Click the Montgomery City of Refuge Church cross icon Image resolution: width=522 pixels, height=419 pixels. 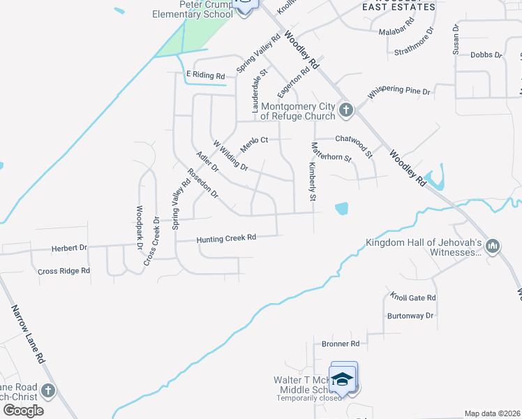(345, 110)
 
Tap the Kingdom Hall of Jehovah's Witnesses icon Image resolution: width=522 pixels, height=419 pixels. (493, 246)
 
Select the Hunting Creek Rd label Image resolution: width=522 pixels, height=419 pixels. (226, 238)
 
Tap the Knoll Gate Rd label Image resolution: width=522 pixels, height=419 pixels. (413, 297)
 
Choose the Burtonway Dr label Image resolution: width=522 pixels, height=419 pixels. (410, 316)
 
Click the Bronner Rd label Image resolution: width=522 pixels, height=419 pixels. (340, 344)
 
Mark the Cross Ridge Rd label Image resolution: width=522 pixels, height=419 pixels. (64, 271)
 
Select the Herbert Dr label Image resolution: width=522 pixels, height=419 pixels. (69, 248)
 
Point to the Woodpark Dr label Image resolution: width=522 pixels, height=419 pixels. (140, 227)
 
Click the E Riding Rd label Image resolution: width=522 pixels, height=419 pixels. (205, 75)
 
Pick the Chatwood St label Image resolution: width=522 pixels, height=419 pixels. (354, 139)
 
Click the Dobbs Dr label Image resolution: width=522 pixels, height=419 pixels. (486, 54)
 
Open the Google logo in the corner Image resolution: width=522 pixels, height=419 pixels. (24, 410)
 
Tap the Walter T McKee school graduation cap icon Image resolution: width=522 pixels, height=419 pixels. (343, 379)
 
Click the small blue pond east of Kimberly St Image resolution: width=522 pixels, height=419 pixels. (342, 208)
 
